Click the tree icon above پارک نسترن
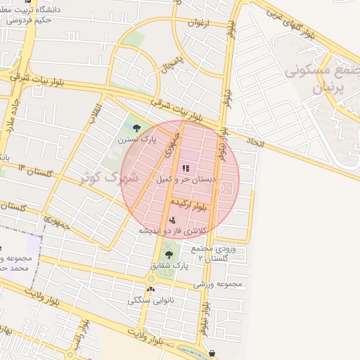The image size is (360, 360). (x=136, y=128)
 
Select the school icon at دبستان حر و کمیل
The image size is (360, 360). (x=186, y=168)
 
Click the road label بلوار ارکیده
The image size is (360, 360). (x=194, y=205)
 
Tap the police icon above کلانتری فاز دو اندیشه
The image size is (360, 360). (x=172, y=220)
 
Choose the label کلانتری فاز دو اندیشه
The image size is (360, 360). (x=173, y=231)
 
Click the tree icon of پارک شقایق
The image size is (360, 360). (x=168, y=255)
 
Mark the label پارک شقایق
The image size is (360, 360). (x=171, y=266)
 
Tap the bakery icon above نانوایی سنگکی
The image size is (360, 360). (x=150, y=289)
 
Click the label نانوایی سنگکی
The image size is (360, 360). (x=148, y=300)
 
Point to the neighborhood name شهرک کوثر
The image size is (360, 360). (x=107, y=176)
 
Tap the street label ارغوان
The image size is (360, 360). (x=199, y=23)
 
